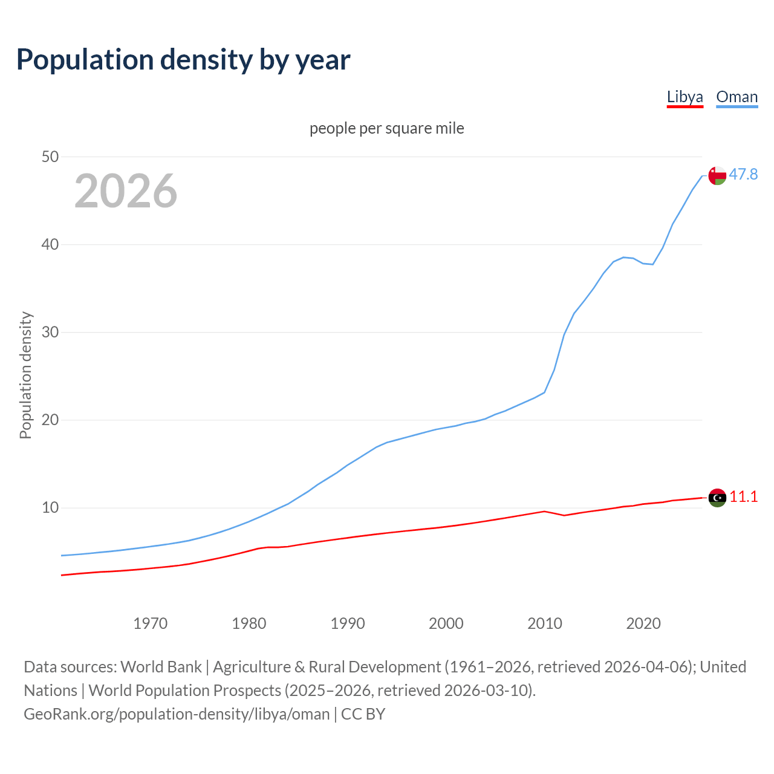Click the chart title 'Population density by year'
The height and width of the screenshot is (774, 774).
point(183,59)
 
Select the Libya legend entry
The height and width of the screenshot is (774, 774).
point(685,97)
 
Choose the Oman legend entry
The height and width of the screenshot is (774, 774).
point(737,97)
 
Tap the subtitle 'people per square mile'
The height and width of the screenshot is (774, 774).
point(387,128)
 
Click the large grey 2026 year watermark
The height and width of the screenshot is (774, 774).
point(126,191)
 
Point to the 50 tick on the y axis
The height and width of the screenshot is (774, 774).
point(50,157)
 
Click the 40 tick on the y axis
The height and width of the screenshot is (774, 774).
point(50,244)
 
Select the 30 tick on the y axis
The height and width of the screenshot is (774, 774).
point(50,332)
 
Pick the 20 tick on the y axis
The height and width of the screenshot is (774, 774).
point(50,420)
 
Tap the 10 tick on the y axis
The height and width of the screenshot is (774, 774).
point(50,507)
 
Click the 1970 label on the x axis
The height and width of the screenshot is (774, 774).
point(150,623)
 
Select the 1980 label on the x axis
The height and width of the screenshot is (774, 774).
point(249,623)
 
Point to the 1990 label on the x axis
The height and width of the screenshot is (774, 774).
point(348,623)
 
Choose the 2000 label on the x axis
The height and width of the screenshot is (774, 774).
point(446,623)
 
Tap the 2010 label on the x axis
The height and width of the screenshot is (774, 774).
point(545,623)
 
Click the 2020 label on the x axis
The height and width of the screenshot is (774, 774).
point(643,623)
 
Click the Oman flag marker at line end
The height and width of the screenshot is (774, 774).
point(717,175)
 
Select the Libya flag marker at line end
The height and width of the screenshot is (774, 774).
point(717,498)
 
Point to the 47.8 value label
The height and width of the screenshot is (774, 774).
point(743,174)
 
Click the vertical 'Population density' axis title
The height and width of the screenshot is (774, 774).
point(25,375)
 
